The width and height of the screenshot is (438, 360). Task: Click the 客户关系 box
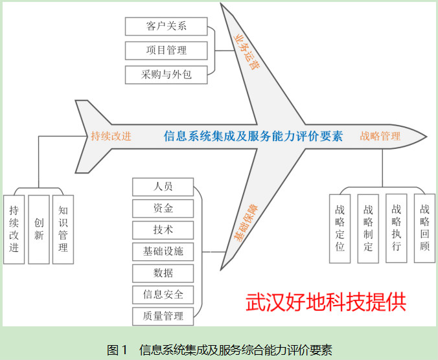tap(167, 27)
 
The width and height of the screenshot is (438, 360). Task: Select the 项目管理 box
tap(167, 51)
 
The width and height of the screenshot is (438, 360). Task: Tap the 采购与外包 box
tap(167, 75)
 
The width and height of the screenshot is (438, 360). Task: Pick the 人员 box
tap(163, 186)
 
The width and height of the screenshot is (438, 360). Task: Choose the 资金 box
tap(163, 208)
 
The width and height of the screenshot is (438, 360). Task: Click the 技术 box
tap(163, 230)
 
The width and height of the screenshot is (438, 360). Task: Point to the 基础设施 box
tap(163, 251)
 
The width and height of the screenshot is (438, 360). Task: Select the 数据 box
tap(163, 273)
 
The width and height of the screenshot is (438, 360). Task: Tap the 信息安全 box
tap(163, 295)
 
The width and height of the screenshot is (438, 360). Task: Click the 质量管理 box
tap(163, 317)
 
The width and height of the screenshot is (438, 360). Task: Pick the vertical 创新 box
tap(39, 229)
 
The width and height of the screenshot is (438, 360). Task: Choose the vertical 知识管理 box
tap(63, 229)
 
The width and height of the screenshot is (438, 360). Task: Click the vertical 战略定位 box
tap(340, 229)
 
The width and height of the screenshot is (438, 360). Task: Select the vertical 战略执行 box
tap(397, 228)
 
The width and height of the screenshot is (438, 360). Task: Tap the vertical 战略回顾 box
tap(424, 228)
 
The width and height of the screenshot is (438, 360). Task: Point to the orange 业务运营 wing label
tap(246, 52)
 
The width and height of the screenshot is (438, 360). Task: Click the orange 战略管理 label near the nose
tap(380, 136)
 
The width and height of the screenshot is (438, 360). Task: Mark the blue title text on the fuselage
tap(253, 136)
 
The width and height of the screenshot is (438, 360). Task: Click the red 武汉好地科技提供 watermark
tap(326, 302)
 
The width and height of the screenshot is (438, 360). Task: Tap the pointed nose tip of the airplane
tap(426, 137)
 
